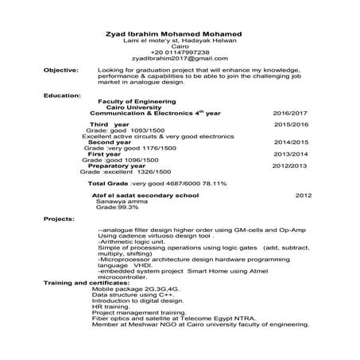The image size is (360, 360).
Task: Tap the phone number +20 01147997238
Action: [179, 52]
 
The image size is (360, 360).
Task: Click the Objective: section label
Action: [61, 71]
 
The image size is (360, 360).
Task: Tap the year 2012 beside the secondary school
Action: [303, 195]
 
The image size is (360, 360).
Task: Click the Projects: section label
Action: [59, 218]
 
